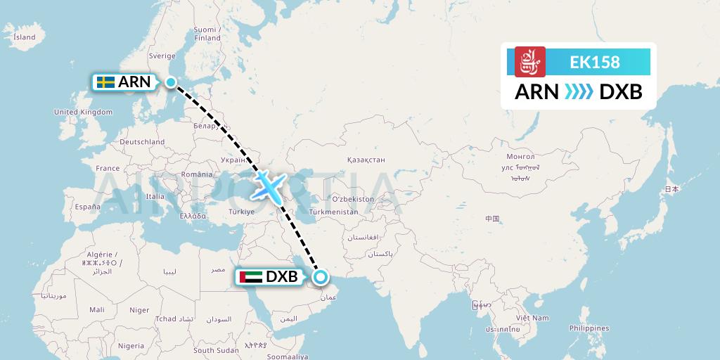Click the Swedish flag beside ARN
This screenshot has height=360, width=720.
pyautogui.click(x=106, y=82)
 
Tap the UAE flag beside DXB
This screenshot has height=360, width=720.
pyautogui.click(x=251, y=276)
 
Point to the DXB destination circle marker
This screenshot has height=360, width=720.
pyautogui.click(x=321, y=277)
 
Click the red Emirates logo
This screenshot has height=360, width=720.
pyautogui.click(x=530, y=61)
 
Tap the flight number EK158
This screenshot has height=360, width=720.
pyautogui.click(x=595, y=62)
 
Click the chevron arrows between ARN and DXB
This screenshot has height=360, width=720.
pyautogui.click(x=579, y=92)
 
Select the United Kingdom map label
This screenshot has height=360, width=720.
pyautogui.click(x=83, y=112)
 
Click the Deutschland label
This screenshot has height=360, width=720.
pyautogui.click(x=141, y=141)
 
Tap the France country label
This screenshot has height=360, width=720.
pyautogui.click(x=108, y=168)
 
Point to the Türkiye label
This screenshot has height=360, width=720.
pyautogui.click(x=239, y=210)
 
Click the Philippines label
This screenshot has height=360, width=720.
pyautogui.click(x=589, y=328)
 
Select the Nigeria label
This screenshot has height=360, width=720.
pyautogui.click(x=131, y=346)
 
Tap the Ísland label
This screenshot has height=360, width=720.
pyautogui.click(x=25, y=37)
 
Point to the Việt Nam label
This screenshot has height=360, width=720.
pyautogui.click(x=531, y=318)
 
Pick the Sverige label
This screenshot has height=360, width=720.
pyautogui.click(x=162, y=56)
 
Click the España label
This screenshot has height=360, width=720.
pyautogui.click(x=88, y=207)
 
